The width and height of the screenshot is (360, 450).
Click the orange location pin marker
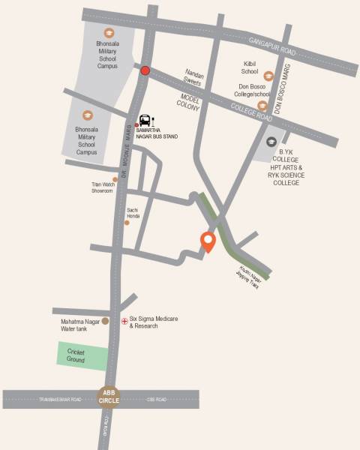click(x=208, y=241)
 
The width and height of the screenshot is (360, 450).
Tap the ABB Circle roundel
click(x=109, y=397)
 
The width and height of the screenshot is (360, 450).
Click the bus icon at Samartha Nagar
click(x=146, y=120)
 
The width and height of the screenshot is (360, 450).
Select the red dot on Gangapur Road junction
click(x=145, y=71)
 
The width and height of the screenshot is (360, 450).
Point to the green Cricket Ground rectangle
click(x=82, y=355)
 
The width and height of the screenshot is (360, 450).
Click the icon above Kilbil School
click(x=268, y=75)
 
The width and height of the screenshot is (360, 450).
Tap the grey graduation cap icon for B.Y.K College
click(x=271, y=140)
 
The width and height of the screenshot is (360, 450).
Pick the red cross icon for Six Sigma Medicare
click(x=124, y=320)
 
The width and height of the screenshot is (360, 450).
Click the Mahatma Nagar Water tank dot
click(x=105, y=321)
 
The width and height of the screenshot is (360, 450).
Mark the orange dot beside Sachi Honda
click(x=127, y=223)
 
